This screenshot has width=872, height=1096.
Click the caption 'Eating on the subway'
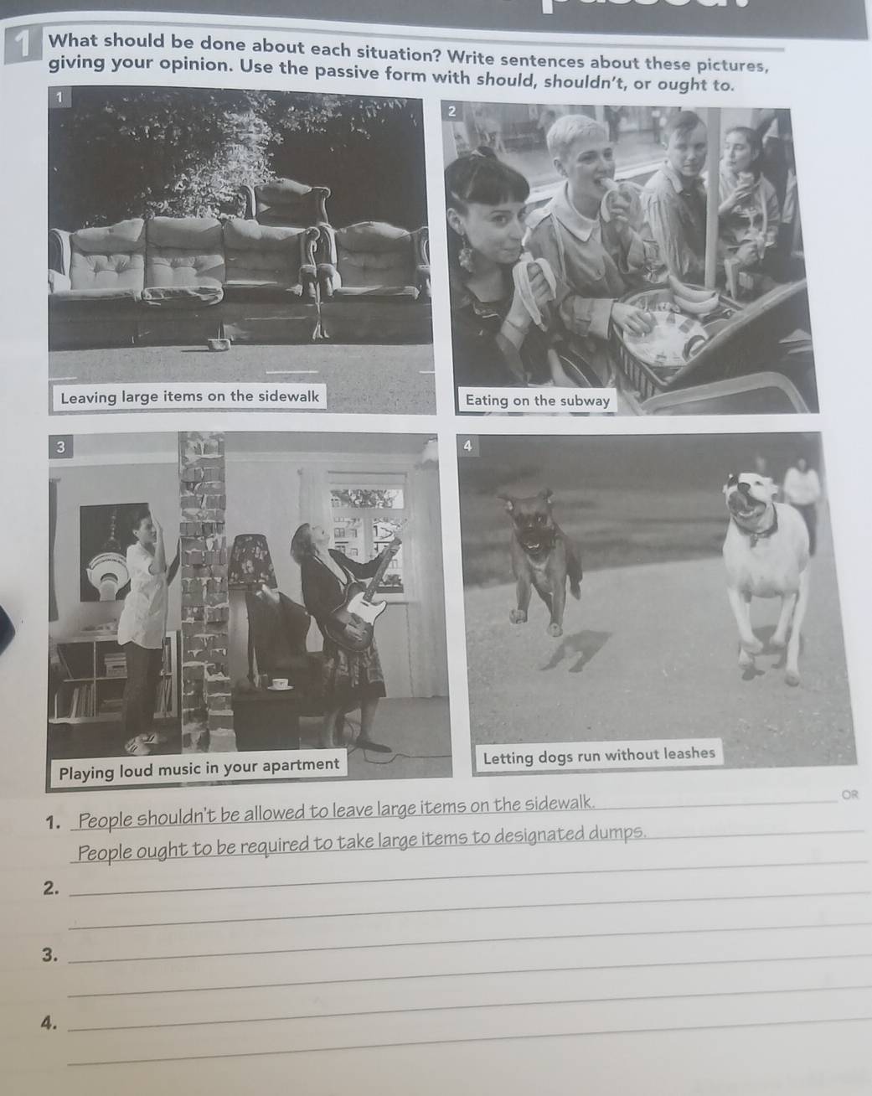538,401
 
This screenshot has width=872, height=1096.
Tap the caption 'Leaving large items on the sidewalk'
190,396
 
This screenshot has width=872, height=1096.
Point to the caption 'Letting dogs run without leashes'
599,755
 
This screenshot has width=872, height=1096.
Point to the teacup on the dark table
281,685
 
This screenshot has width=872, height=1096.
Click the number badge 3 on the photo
60,447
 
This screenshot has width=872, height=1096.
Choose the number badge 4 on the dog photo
467,446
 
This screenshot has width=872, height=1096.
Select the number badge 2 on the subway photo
451,112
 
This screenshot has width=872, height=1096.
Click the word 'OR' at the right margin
849,794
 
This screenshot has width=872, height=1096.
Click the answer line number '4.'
49,1021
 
